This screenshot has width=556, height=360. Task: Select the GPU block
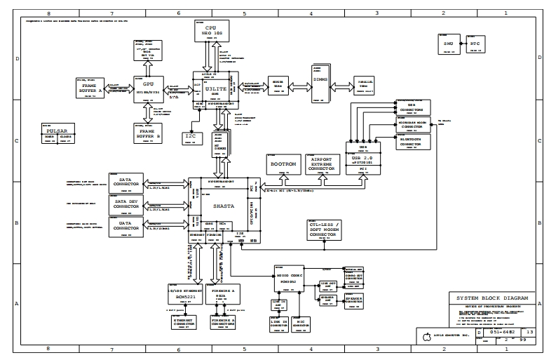[x=148, y=89]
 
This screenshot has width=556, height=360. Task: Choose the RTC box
[x=475, y=44]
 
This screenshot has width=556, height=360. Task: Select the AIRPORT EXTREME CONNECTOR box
[x=322, y=164]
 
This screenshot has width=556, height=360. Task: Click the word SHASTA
[x=219, y=206]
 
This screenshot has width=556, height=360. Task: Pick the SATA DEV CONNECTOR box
[x=126, y=204]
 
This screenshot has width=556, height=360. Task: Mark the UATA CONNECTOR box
[x=126, y=226]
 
